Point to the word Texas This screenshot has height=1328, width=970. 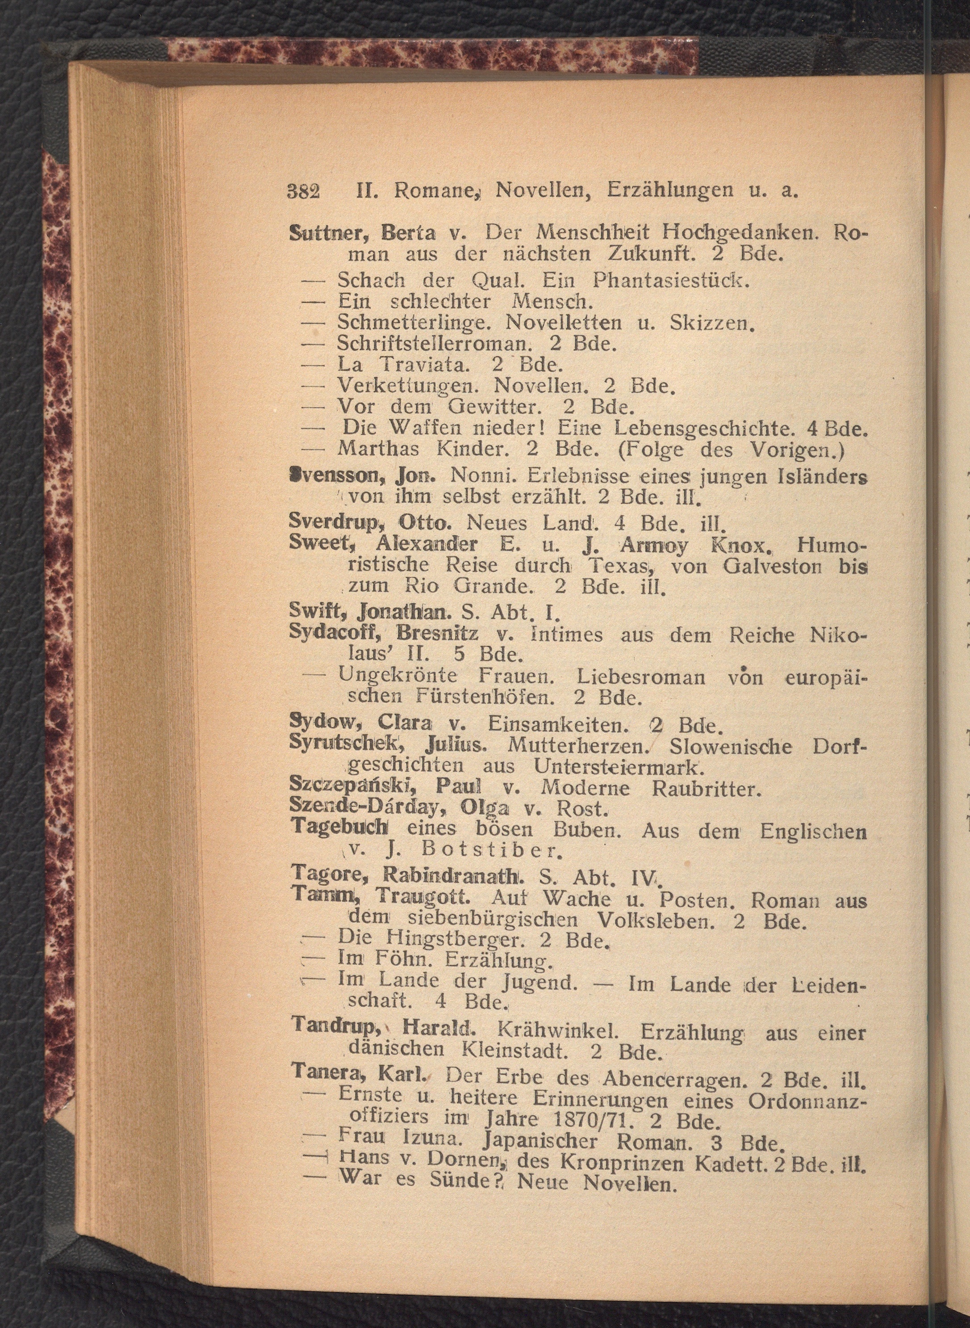point(623,566)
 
